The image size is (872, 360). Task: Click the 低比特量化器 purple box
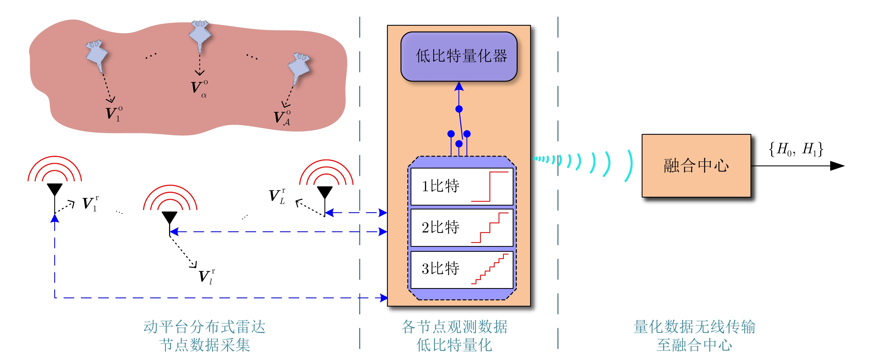click(x=459, y=56)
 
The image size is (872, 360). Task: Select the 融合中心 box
click(x=696, y=165)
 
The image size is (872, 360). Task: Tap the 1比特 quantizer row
click(x=461, y=187)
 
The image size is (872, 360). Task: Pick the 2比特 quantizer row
click(x=461, y=227)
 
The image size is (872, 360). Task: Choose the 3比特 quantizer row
click(x=461, y=269)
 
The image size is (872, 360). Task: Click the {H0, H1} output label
click(x=796, y=149)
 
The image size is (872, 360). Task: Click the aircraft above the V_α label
click(x=200, y=34)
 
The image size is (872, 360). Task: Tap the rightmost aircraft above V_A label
click(x=299, y=66)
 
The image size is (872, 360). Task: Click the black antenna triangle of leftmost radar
click(x=55, y=189)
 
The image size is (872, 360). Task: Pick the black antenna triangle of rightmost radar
click(x=325, y=192)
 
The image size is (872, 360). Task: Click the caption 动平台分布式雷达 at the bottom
click(x=205, y=327)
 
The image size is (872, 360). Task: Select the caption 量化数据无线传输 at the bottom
click(x=694, y=327)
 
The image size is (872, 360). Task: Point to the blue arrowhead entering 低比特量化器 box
click(x=459, y=86)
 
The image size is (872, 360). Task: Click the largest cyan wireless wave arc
click(x=629, y=166)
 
